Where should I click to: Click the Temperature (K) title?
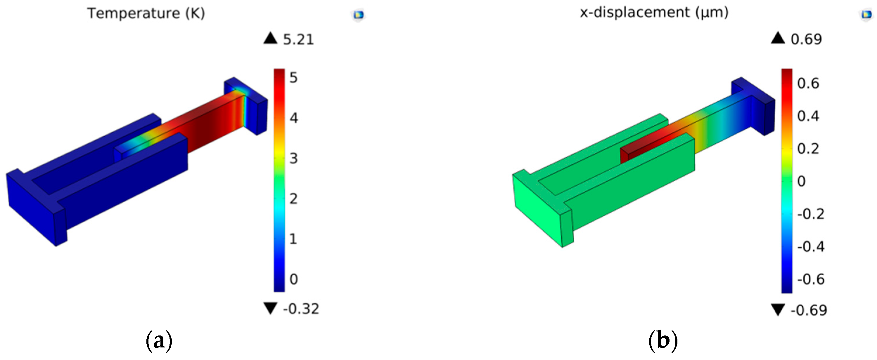[146, 13]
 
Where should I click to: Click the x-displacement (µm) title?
[654, 13]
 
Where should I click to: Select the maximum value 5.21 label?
[298, 39]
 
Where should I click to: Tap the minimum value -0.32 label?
[301, 309]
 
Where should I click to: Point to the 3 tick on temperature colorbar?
[293, 159]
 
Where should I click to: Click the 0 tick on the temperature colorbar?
[293, 279]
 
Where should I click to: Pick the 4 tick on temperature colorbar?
[293, 118]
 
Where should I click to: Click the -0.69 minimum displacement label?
[809, 310]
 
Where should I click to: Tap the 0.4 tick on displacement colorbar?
[808, 116]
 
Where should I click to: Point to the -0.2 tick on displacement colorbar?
[811, 214]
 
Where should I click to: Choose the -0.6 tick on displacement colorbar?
[811, 279]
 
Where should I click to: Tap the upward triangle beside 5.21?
[270, 38]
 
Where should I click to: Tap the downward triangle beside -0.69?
[778, 310]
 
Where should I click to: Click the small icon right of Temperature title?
[359, 15]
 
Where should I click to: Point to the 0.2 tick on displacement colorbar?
[808, 149]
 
